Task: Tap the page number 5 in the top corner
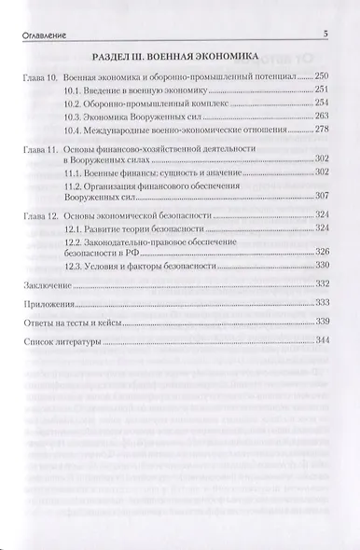(325, 34)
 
